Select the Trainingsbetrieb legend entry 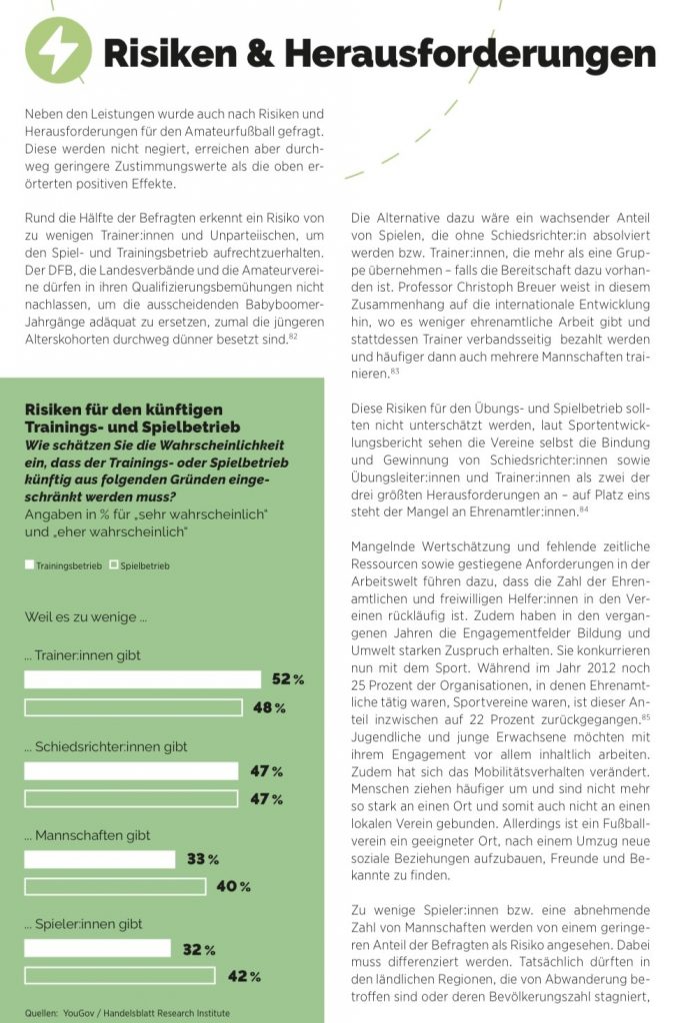63,565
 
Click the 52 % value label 288,679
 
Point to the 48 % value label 269,708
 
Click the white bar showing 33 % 100,858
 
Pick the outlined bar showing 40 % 114,886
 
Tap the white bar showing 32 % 97,948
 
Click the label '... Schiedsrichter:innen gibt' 105,746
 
